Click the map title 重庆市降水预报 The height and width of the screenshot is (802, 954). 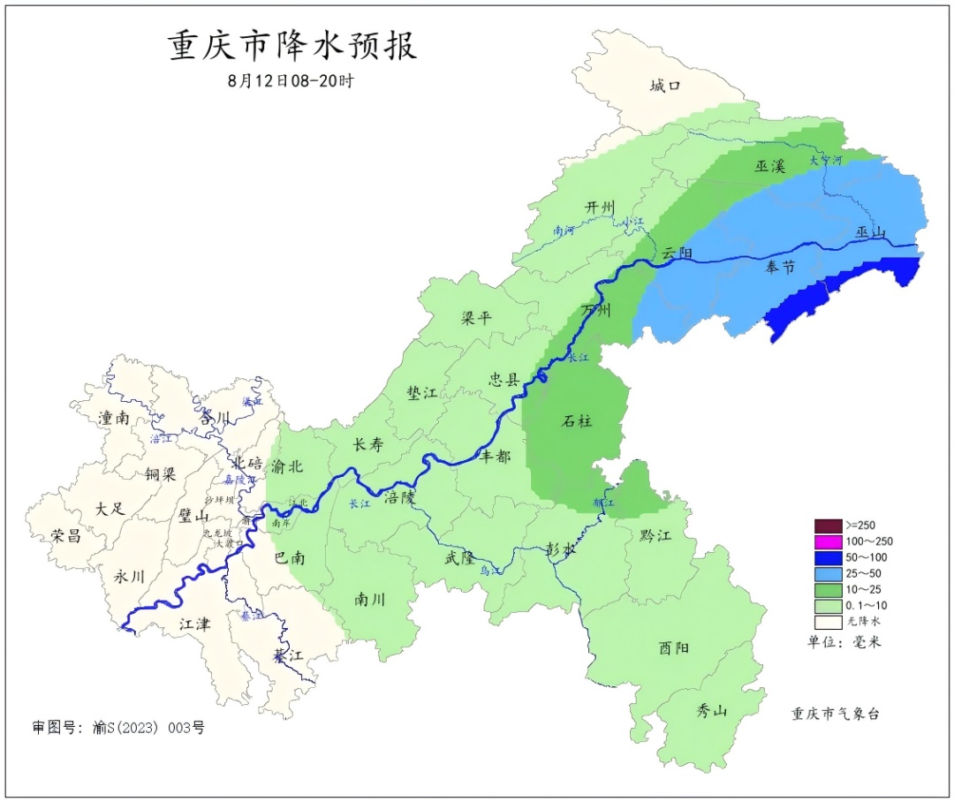[x=291, y=46]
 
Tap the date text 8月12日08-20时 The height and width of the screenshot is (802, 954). [x=291, y=80]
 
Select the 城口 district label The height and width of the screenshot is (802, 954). [x=665, y=86]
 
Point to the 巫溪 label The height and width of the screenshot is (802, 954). [x=770, y=165]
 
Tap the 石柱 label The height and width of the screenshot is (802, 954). [x=578, y=420]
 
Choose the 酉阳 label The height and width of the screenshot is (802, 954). [x=675, y=647]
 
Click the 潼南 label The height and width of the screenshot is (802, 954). [x=115, y=418]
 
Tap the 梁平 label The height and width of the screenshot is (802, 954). [x=476, y=318]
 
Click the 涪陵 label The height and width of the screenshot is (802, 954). [x=399, y=497]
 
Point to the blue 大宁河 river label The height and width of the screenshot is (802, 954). [x=827, y=160]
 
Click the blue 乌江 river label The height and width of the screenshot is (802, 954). [x=491, y=571]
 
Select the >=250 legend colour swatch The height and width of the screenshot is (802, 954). [x=829, y=525]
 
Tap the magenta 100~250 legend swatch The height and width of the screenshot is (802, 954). [x=829, y=541]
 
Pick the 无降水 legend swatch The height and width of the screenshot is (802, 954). [x=829, y=621]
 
